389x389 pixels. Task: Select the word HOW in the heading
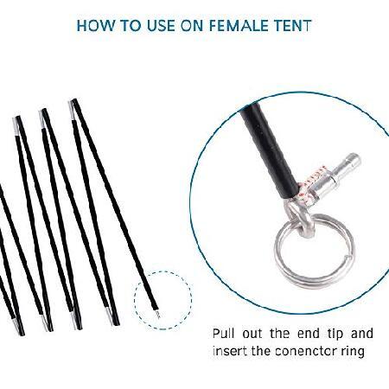95,25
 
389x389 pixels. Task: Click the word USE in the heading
161,25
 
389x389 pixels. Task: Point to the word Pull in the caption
223,334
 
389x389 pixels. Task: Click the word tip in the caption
335,335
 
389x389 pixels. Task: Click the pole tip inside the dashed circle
157,314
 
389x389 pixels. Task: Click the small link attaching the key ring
298,217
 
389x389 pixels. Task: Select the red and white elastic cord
310,185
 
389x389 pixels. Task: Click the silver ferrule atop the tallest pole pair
72,110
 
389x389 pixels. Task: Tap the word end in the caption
309,334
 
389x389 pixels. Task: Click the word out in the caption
252,335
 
